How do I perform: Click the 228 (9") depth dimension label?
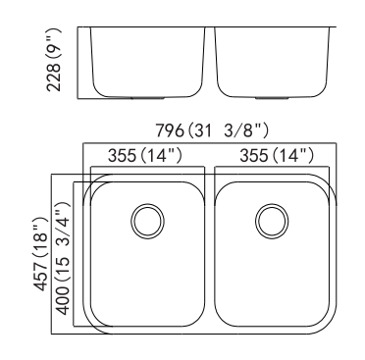pyautogui.click(x=54, y=60)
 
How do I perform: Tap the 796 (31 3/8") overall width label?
pyautogui.click(x=212, y=130)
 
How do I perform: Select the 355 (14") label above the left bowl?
pyautogui.click(x=145, y=155)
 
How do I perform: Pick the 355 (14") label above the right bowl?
pyautogui.click(x=277, y=155)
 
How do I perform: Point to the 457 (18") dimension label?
pyautogui.click(x=41, y=253)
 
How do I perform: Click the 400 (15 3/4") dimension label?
pyautogui.click(x=63, y=258)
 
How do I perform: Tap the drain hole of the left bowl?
pyautogui.click(x=147, y=222)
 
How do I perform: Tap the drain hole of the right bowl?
pyautogui.click(x=272, y=222)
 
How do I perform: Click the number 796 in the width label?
pyautogui.click(x=170, y=130)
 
